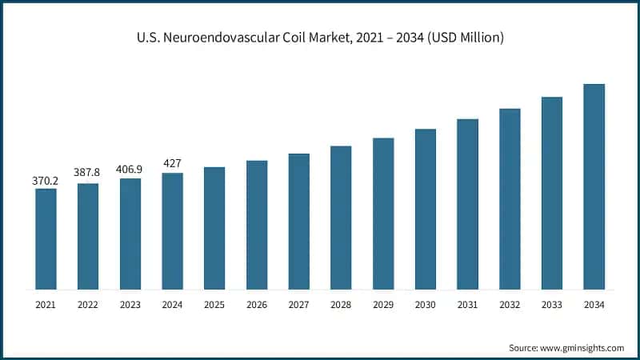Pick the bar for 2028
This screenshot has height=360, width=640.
341,217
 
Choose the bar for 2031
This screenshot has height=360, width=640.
467,204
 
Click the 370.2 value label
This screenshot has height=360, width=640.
46,181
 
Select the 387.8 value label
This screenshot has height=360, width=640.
88,172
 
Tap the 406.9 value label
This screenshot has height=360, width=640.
130,170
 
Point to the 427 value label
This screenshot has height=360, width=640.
172,163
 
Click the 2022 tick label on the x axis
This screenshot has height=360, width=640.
88,305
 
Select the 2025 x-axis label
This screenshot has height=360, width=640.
214,305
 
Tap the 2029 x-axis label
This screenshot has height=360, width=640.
383,305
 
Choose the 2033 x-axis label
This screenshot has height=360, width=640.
552,305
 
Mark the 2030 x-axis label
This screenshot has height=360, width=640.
425,305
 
